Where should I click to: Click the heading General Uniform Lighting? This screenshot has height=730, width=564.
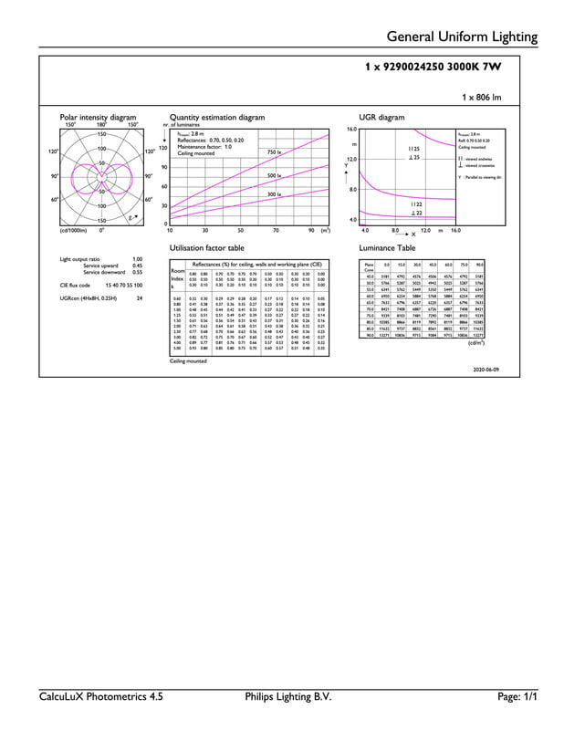point(463,36)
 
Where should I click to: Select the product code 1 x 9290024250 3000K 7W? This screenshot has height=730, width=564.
point(433,68)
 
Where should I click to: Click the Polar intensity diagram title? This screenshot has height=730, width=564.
point(98,118)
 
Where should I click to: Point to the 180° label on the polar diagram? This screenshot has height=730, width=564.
point(102,125)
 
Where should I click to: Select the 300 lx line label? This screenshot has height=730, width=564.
point(273,194)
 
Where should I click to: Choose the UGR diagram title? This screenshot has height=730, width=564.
point(381,118)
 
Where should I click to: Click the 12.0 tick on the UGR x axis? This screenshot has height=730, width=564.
point(425,231)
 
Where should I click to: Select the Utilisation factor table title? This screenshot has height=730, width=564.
point(207,248)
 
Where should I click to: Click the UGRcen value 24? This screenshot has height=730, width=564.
point(139,297)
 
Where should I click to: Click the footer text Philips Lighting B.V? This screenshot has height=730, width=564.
point(282,697)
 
